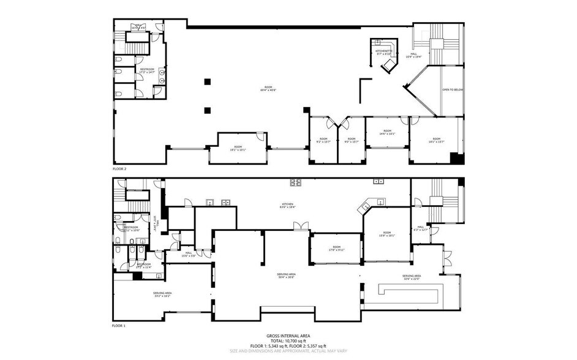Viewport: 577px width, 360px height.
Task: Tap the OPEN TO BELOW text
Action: [x=453, y=89]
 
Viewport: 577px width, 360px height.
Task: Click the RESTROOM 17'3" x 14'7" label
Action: [x=147, y=71]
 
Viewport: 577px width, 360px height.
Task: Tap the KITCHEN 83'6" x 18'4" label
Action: [x=287, y=205]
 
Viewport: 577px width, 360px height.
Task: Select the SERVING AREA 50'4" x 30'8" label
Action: [x=287, y=276]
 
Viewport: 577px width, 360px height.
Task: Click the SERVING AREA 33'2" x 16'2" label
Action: [x=162, y=294]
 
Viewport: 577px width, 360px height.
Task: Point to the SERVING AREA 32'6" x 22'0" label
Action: [x=411, y=277]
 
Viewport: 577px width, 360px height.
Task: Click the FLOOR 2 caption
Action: [x=119, y=168]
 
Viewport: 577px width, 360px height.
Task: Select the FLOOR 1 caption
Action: [x=119, y=326]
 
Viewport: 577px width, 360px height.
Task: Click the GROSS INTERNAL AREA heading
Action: [x=288, y=336]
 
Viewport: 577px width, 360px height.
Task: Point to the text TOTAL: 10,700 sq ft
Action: [x=288, y=341]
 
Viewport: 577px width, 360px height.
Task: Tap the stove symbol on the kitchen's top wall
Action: [x=296, y=182]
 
